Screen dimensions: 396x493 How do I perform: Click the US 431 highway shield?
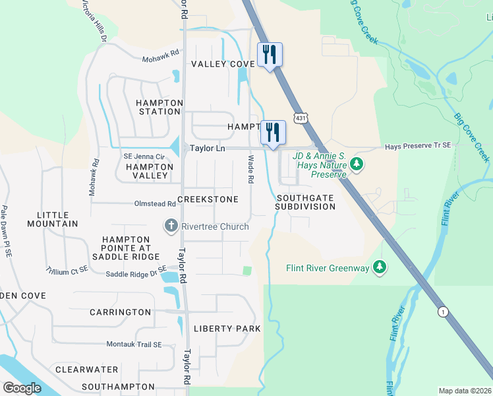(x=300, y=117)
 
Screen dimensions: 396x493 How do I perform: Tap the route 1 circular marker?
(x=442, y=311)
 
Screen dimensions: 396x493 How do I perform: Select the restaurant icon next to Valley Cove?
(x=269, y=54)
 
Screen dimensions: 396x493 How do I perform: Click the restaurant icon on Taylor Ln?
(x=273, y=132)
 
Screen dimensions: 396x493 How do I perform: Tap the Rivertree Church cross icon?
(x=171, y=226)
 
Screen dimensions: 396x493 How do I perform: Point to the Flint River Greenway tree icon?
(x=379, y=267)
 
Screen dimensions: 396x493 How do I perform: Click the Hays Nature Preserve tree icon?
(x=357, y=163)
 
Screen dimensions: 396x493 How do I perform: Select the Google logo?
(x=22, y=387)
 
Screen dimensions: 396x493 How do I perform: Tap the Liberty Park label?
(x=227, y=329)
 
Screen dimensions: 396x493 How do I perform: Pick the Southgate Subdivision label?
(x=306, y=202)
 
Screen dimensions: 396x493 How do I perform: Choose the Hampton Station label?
(x=158, y=107)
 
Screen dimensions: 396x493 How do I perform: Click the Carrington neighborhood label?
(x=120, y=312)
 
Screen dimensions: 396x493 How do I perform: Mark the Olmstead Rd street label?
(x=155, y=205)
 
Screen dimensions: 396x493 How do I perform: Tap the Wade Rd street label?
(x=251, y=170)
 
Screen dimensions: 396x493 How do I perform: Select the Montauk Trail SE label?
(x=142, y=345)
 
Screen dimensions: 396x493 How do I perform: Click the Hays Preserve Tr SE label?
(x=417, y=145)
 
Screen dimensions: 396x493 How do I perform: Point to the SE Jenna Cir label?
(x=144, y=156)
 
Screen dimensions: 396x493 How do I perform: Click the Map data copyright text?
(x=465, y=391)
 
